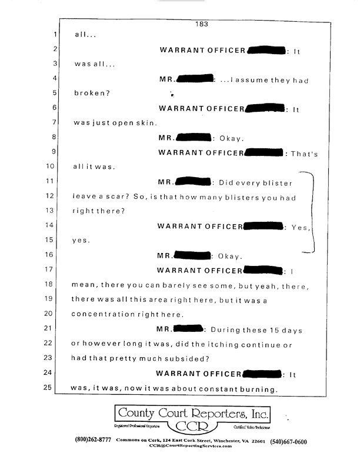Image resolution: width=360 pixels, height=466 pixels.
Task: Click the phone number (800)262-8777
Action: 95,441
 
